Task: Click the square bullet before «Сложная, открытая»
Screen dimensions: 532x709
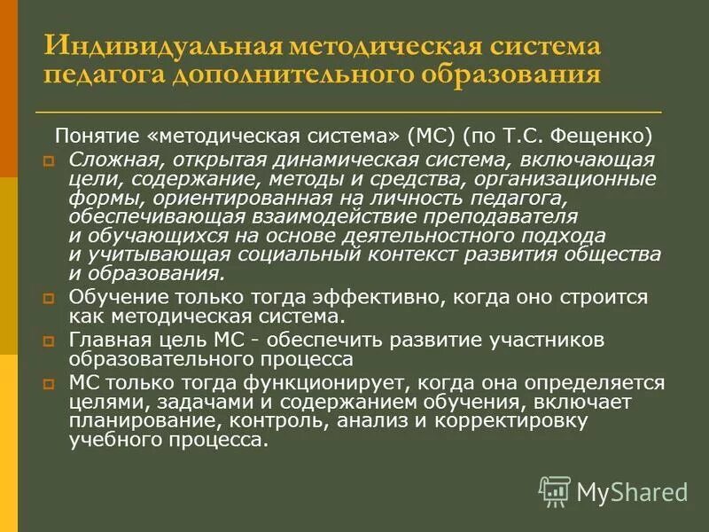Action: pos(50,160)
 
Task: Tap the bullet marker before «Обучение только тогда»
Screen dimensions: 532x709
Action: pos(50,300)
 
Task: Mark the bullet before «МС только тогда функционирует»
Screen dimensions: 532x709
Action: pos(50,384)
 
